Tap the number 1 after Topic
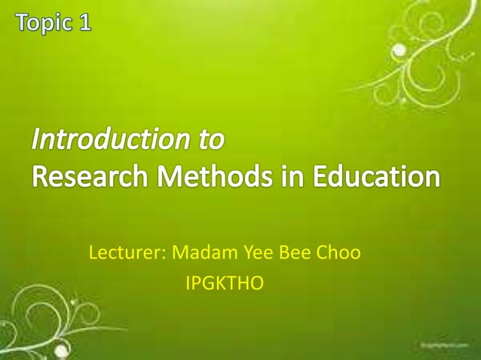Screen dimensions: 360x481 pos(84,23)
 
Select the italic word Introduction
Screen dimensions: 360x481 pos(115,140)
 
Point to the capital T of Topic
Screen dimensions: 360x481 pos(21,22)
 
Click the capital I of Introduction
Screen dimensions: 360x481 pos(36,140)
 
